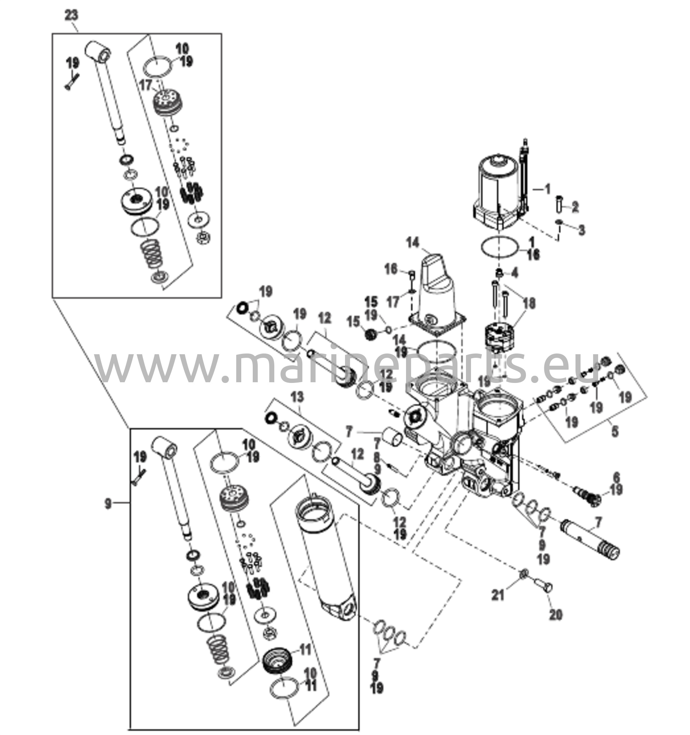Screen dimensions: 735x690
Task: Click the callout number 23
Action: coord(71,16)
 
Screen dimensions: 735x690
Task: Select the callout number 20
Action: coord(556,614)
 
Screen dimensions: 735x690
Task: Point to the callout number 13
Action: coord(297,398)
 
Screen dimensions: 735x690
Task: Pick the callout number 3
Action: coord(582,230)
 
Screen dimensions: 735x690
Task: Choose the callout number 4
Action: coord(515,273)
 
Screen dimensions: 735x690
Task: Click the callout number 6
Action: coord(616,478)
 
